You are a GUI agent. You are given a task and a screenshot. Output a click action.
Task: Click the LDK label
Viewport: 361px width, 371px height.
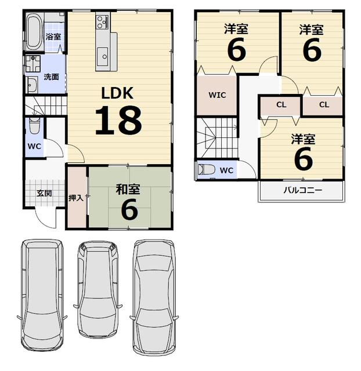coord(117,93)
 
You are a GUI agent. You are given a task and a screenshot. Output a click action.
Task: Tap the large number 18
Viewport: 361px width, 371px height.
coord(118,120)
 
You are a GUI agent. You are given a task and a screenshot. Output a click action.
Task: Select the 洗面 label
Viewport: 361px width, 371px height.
coord(51,77)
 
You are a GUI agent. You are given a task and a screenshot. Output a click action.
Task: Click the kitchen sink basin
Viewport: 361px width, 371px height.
coord(103,56)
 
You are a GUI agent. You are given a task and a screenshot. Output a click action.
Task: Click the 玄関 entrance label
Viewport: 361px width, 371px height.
coord(44,193)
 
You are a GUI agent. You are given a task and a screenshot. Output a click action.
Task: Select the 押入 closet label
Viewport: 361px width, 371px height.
coord(76,198)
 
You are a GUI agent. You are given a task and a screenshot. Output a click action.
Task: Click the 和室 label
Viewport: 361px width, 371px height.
coord(128,190)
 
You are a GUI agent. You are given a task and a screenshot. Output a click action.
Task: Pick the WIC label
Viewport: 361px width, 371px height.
coord(217,95)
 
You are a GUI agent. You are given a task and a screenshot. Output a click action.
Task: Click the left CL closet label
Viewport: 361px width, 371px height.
coord(281,104)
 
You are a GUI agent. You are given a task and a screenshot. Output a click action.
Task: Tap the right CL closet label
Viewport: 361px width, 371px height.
coord(324,104)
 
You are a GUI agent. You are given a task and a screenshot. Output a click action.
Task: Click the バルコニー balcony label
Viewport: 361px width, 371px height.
coord(303,190)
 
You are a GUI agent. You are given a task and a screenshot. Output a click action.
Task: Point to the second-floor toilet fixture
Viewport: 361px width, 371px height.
coord(207,169)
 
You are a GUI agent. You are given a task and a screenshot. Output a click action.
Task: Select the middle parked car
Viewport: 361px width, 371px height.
coord(98,289)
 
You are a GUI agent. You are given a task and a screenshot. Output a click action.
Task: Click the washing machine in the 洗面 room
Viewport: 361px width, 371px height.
coord(33,63)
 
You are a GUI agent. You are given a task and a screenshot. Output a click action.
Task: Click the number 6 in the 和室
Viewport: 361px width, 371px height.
coord(129,209)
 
